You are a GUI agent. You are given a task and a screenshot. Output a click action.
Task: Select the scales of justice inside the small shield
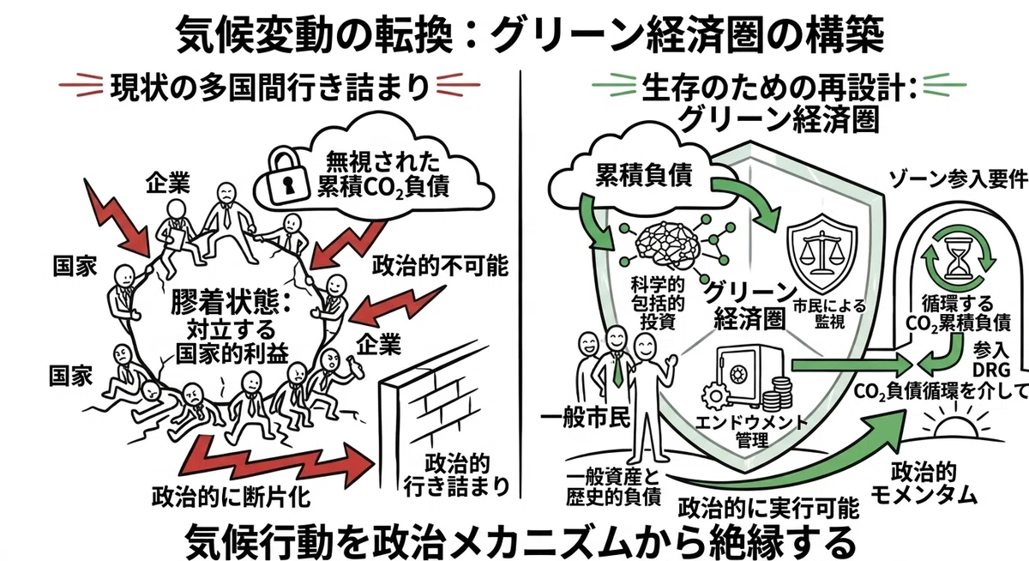(822, 251)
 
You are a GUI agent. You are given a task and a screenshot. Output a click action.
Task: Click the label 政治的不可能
(440, 266)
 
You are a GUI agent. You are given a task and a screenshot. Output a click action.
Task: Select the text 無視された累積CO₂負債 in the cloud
(382, 176)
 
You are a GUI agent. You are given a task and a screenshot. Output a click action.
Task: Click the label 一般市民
(585, 418)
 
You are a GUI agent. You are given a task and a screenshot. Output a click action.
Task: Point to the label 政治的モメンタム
(924, 483)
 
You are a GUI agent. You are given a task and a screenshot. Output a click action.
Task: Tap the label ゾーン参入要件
(958, 179)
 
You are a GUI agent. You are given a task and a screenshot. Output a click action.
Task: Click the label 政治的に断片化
(231, 496)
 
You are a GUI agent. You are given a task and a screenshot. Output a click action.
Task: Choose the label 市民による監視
(829, 313)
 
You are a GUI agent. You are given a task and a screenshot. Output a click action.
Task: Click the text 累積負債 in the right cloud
(644, 175)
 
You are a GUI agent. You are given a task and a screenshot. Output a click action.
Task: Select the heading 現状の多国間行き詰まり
(270, 86)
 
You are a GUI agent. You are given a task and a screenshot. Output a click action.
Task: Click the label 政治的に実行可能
(768, 507)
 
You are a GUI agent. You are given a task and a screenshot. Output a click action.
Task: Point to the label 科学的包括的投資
(658, 304)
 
